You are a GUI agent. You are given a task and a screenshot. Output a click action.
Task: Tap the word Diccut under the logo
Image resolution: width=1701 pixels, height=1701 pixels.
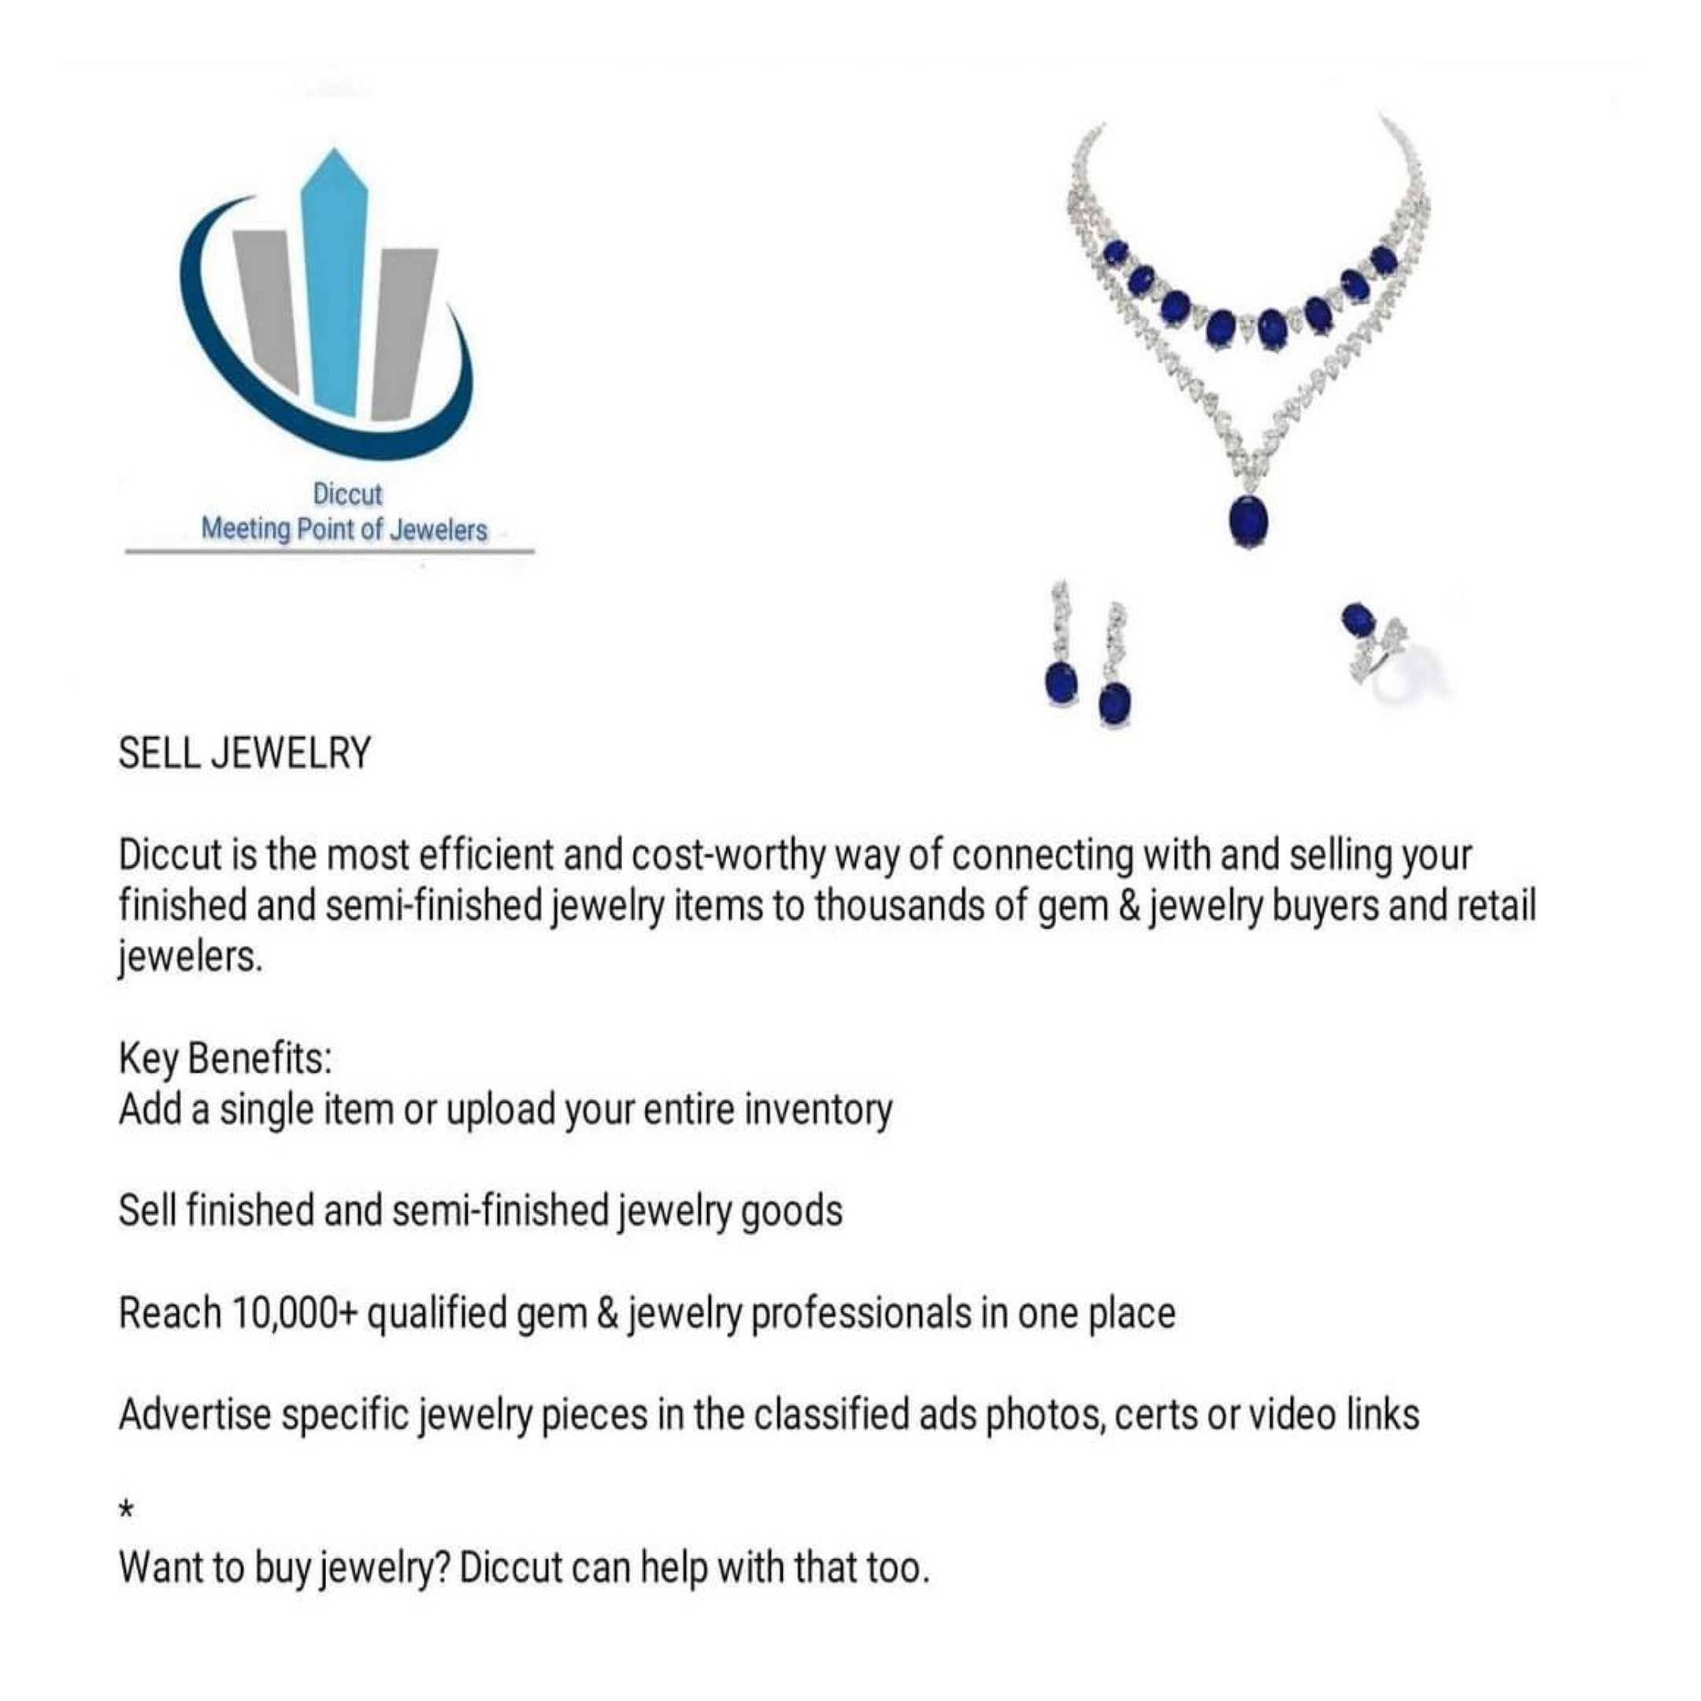tap(348, 494)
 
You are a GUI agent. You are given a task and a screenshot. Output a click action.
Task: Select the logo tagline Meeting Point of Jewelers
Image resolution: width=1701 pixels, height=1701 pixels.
tap(343, 530)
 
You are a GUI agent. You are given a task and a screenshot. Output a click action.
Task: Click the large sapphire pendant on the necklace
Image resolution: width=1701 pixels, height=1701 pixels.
tap(1248, 521)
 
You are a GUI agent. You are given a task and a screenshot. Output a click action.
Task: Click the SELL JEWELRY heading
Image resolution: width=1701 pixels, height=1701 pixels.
tap(245, 754)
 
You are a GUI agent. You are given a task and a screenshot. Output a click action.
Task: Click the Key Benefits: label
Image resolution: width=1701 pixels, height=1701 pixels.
tap(225, 1059)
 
